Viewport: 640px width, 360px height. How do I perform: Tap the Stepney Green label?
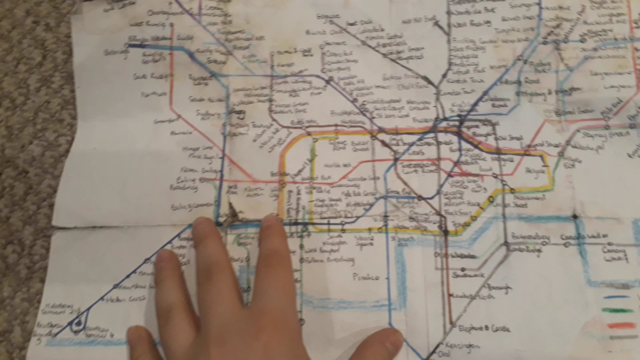pyautogui.click(x=596, y=135)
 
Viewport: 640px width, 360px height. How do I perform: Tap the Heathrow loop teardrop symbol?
pyautogui.click(x=79, y=321)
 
